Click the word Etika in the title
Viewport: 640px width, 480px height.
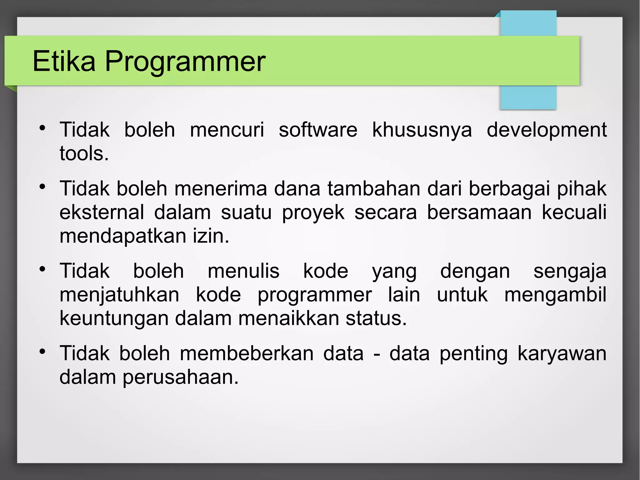click(64, 61)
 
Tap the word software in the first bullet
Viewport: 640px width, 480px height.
click(318, 130)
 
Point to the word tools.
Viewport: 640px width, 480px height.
click(84, 154)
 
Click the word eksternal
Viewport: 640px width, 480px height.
click(102, 212)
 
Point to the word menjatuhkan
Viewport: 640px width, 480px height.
click(119, 296)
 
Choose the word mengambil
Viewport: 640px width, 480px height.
click(555, 296)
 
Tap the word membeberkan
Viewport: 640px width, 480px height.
click(247, 354)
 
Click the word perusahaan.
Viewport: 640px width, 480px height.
click(180, 377)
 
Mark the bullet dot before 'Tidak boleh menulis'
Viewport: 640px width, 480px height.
click(43, 269)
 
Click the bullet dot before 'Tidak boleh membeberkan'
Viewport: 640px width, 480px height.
click(43, 352)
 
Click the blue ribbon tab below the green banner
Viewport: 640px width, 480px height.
click(528, 97)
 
